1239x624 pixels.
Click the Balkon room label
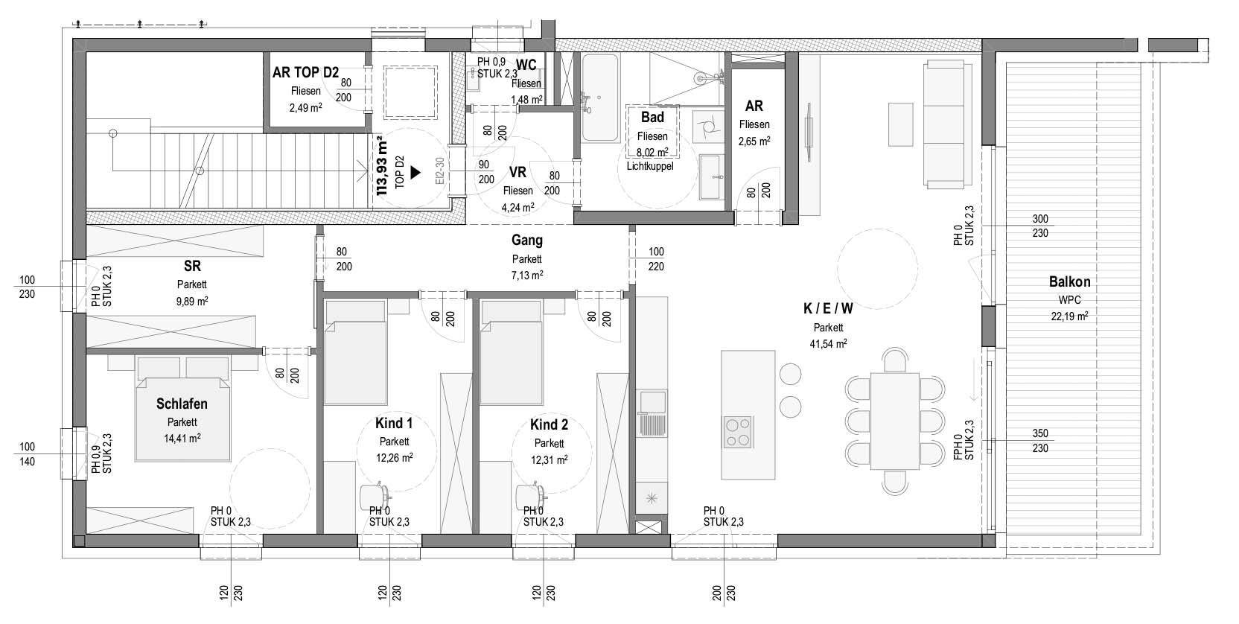[1069, 281]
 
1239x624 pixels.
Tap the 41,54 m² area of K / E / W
[828, 343]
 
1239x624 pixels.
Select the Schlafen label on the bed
[182, 404]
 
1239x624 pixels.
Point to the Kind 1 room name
[394, 424]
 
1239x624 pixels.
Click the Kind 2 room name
[549, 425]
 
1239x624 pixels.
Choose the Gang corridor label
[526, 240]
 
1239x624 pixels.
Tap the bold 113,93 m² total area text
[382, 166]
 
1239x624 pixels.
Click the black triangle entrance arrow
[415, 173]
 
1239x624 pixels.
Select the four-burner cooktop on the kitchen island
[738, 432]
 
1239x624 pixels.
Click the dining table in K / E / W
[895, 421]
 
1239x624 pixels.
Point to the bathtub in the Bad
[599, 98]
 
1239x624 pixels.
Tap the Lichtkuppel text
[650, 166]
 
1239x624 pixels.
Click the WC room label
[526, 66]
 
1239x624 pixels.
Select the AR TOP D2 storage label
[305, 72]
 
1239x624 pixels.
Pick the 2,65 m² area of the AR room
[754, 141]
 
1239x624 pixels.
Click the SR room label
[192, 266]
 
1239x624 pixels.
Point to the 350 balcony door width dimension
[1040, 433]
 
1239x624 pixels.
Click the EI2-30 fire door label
[440, 171]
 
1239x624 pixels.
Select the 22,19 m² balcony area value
[1069, 316]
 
